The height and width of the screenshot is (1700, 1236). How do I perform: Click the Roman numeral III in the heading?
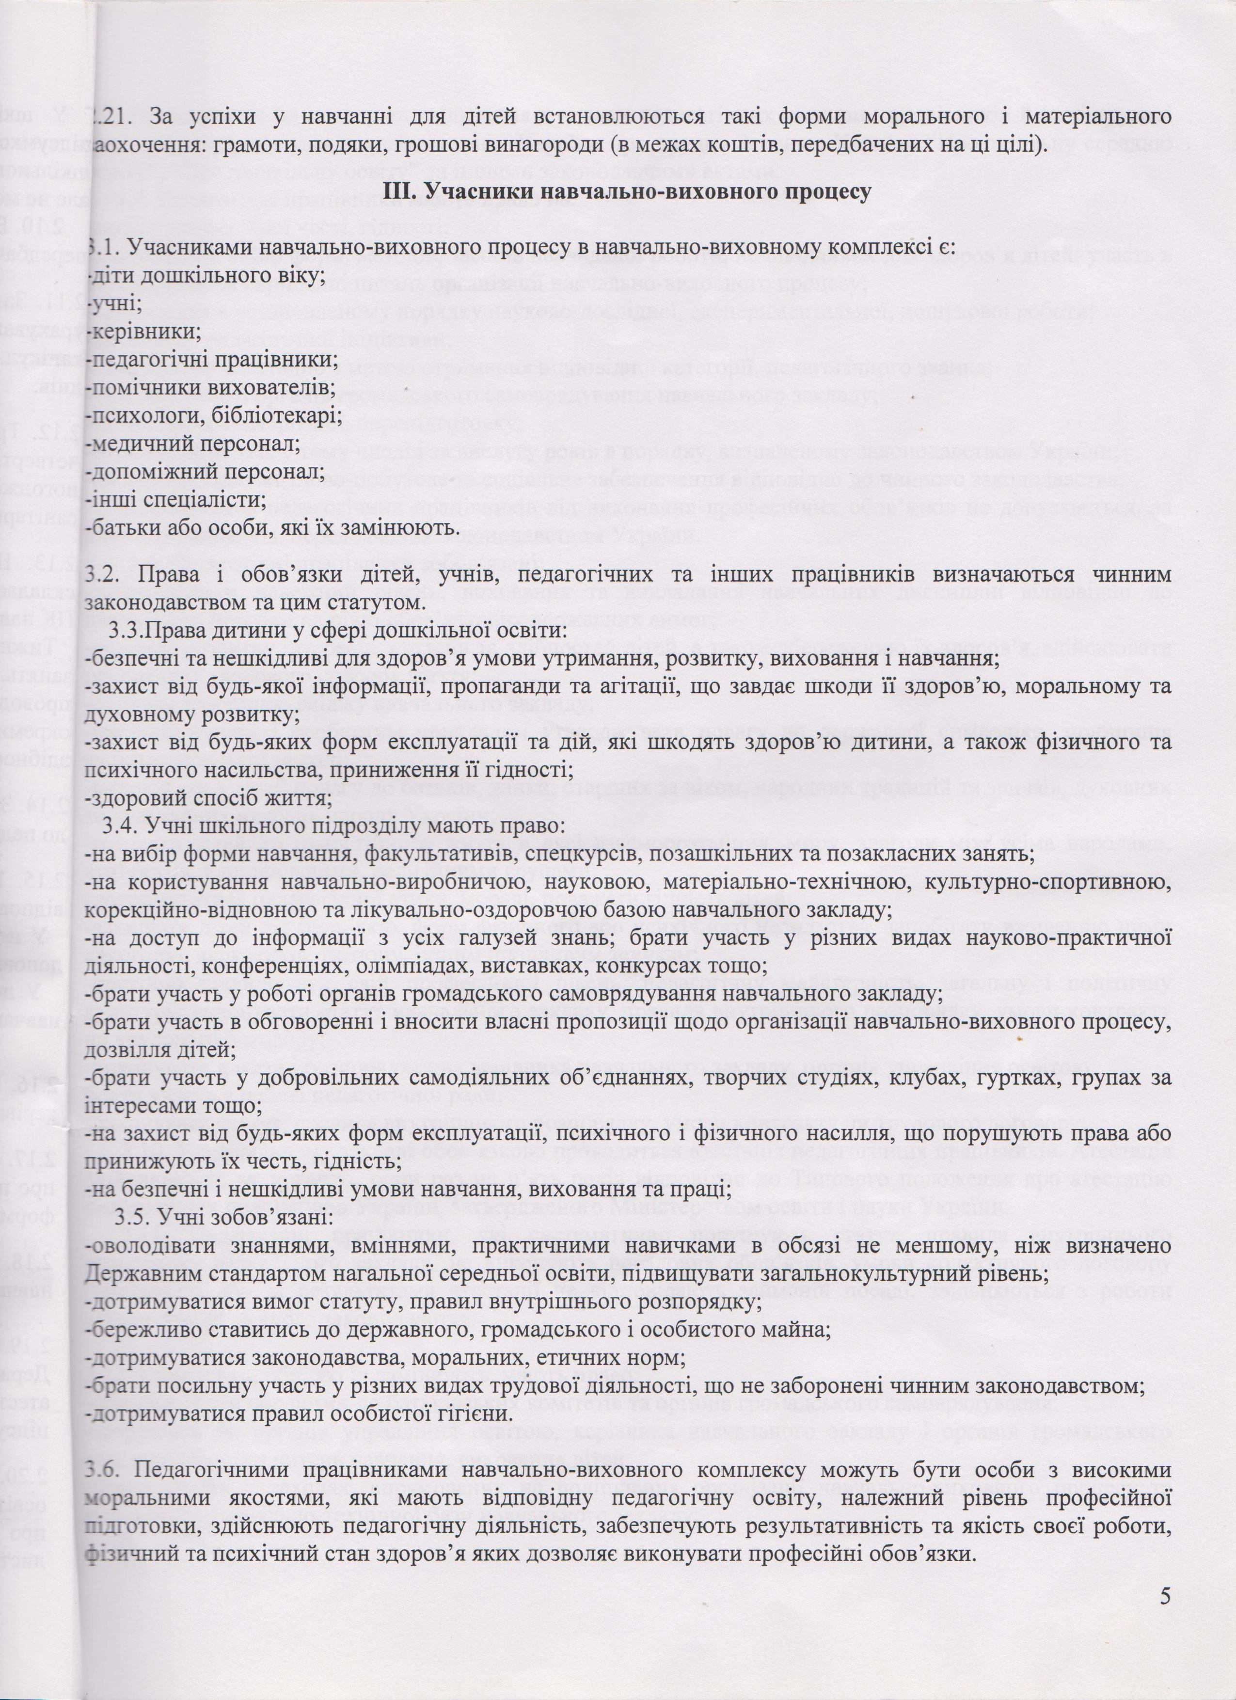tap(396, 191)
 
